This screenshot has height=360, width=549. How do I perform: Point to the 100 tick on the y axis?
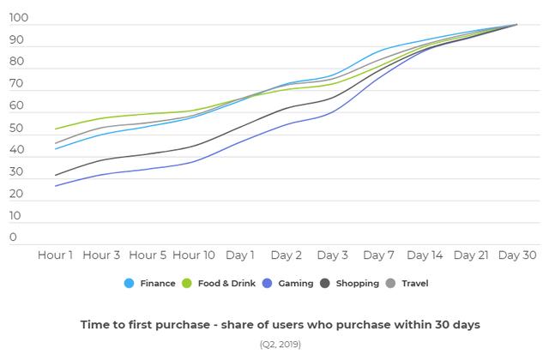tap(19, 18)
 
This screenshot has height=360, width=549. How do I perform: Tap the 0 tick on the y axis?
tap(14, 237)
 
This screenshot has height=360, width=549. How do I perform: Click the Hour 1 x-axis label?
tap(55, 255)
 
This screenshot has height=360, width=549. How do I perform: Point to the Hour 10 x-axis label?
tap(194, 255)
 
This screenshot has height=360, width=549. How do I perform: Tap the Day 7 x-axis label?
tap(378, 255)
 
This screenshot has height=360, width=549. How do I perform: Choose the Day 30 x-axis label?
tap(516, 255)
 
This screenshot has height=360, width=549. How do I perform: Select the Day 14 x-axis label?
tap(425, 255)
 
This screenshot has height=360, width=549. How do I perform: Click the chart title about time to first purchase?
tap(281, 325)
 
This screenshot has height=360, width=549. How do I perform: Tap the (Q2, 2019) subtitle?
tap(281, 345)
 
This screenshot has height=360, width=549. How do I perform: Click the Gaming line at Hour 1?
tap(55, 186)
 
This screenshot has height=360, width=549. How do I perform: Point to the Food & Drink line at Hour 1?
tap(55, 129)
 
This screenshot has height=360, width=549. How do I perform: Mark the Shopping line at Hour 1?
tap(55, 176)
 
